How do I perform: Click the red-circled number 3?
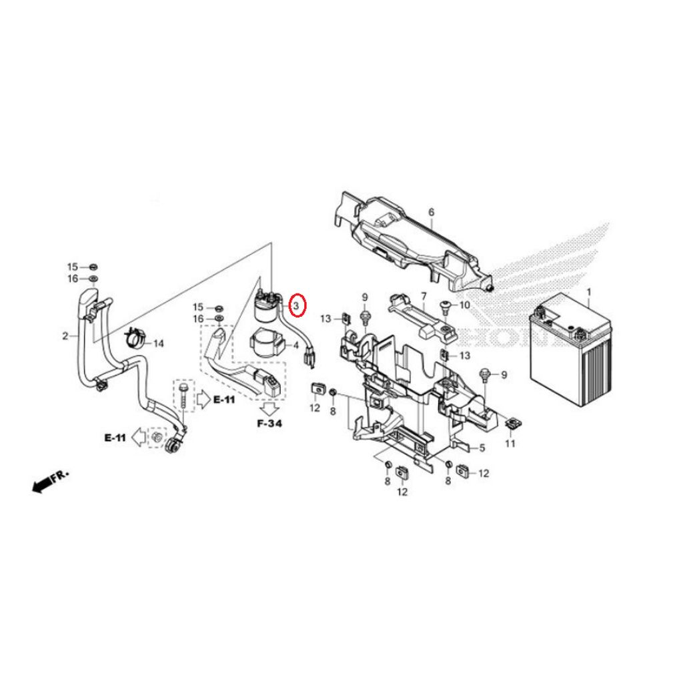[299, 305]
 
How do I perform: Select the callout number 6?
[431, 212]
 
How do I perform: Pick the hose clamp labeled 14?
[135, 339]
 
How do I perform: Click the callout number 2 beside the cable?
[65, 335]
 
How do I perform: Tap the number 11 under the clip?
[510, 444]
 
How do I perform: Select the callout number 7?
[423, 296]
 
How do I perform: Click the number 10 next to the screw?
[465, 305]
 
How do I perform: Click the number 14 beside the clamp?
[158, 344]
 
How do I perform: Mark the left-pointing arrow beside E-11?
[138, 438]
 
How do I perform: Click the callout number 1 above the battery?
[588, 293]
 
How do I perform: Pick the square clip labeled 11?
[512, 423]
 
